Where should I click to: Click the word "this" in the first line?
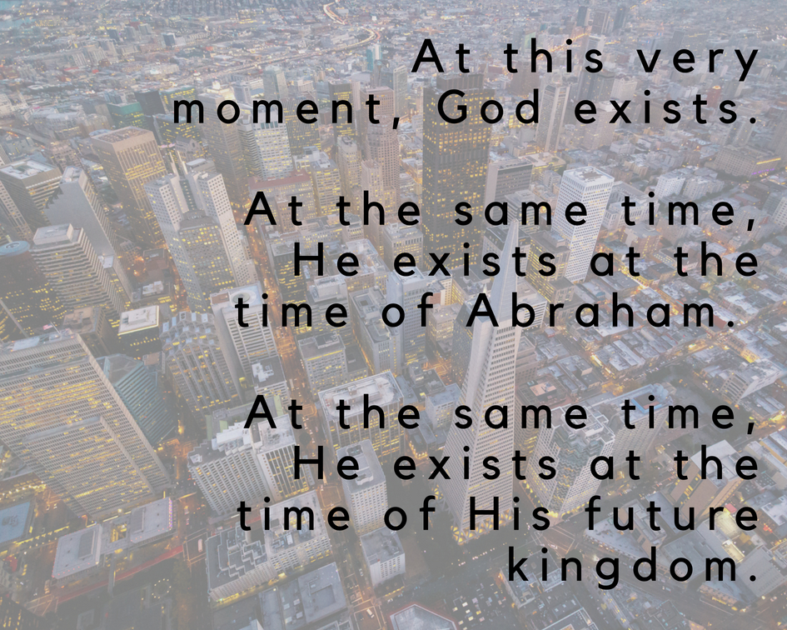554,57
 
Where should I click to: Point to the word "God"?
488,107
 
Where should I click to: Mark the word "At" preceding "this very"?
441,57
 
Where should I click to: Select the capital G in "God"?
454,107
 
